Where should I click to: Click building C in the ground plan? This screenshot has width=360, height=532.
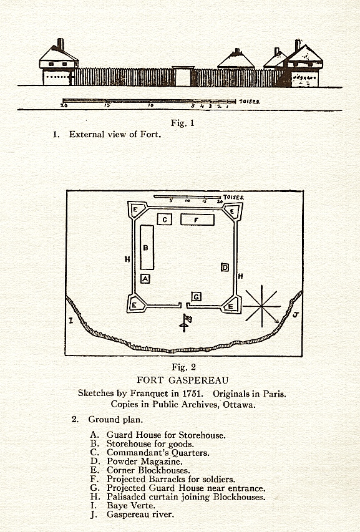(165, 219)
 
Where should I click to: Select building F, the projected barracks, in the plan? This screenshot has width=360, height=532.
(197, 220)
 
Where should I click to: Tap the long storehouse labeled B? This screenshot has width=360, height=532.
(147, 247)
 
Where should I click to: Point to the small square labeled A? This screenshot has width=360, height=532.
(145, 279)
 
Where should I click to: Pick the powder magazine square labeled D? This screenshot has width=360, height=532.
(225, 268)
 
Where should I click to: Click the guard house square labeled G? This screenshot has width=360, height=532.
(196, 297)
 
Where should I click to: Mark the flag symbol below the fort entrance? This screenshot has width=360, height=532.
(185, 322)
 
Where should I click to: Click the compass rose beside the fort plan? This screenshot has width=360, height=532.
(261, 306)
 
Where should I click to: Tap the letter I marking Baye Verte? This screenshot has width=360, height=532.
(71, 319)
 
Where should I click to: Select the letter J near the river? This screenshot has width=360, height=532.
(295, 315)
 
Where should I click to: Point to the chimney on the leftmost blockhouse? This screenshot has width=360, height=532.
(61, 44)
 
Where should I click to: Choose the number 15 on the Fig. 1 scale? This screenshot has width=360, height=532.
(107, 105)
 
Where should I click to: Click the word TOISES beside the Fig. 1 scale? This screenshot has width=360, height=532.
(250, 102)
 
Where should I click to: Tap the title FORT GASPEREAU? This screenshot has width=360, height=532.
(183, 380)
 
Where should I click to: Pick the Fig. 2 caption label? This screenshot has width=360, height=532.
(183, 367)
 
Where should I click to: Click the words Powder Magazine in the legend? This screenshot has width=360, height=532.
(145, 462)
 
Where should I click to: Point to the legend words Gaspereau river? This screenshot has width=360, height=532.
(140, 515)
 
